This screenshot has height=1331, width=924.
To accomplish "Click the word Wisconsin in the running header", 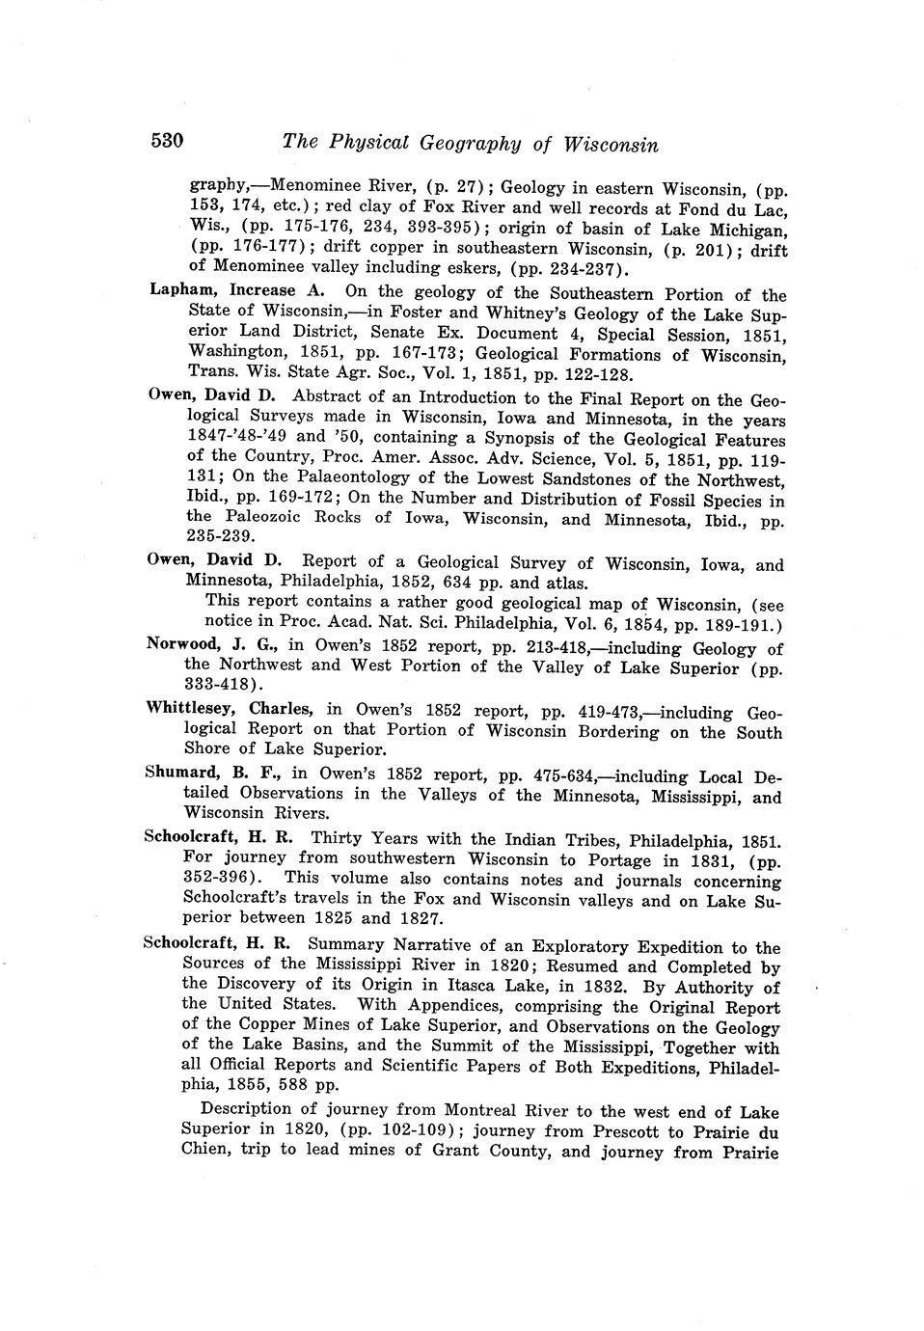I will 611,145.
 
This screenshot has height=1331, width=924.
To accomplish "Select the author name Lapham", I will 185,290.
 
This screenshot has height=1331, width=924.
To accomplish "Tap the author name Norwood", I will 181,643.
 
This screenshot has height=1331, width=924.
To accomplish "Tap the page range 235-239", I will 221,535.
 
